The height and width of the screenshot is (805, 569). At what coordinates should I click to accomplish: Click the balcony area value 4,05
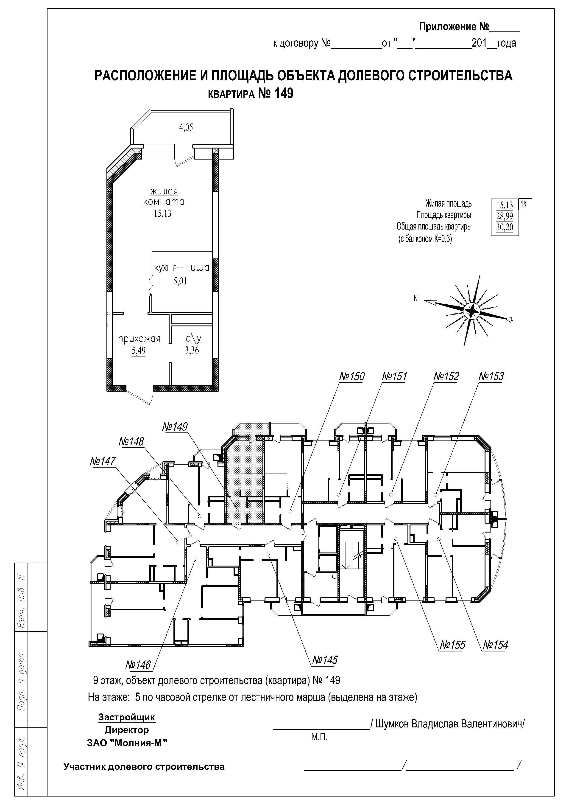click(x=186, y=127)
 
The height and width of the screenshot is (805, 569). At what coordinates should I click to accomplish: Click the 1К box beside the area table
click(x=524, y=204)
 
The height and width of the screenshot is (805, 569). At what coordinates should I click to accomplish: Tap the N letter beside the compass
click(x=416, y=299)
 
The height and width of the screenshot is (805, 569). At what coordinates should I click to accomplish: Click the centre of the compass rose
click(x=471, y=310)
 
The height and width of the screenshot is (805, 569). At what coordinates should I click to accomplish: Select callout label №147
click(x=103, y=461)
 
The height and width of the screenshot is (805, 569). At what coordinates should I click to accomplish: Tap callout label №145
click(x=325, y=660)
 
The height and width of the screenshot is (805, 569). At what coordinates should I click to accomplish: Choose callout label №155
click(x=453, y=645)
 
